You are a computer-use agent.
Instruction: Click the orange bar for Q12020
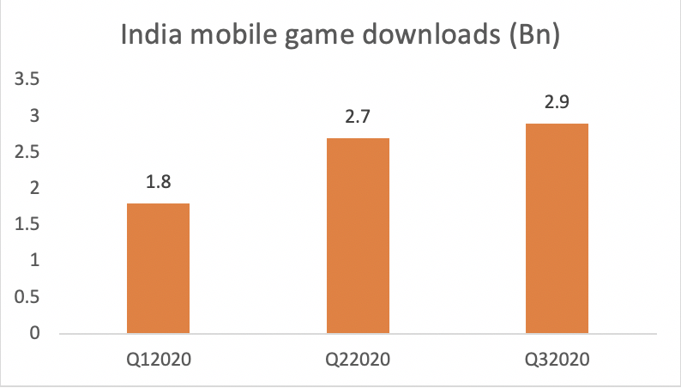pos(158,268)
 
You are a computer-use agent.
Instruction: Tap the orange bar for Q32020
pos(556,228)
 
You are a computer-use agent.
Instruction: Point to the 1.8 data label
pos(158,183)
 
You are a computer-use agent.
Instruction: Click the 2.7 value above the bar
pos(357,118)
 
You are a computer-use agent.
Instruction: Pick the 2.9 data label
pos(556,103)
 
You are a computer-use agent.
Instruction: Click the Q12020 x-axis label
pos(158,355)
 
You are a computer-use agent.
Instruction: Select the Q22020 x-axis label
pos(357,355)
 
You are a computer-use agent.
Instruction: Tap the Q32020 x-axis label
pos(556,355)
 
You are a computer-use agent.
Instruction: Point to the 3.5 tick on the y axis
pos(29,80)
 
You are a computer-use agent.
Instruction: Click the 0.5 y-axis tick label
pos(29,297)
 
